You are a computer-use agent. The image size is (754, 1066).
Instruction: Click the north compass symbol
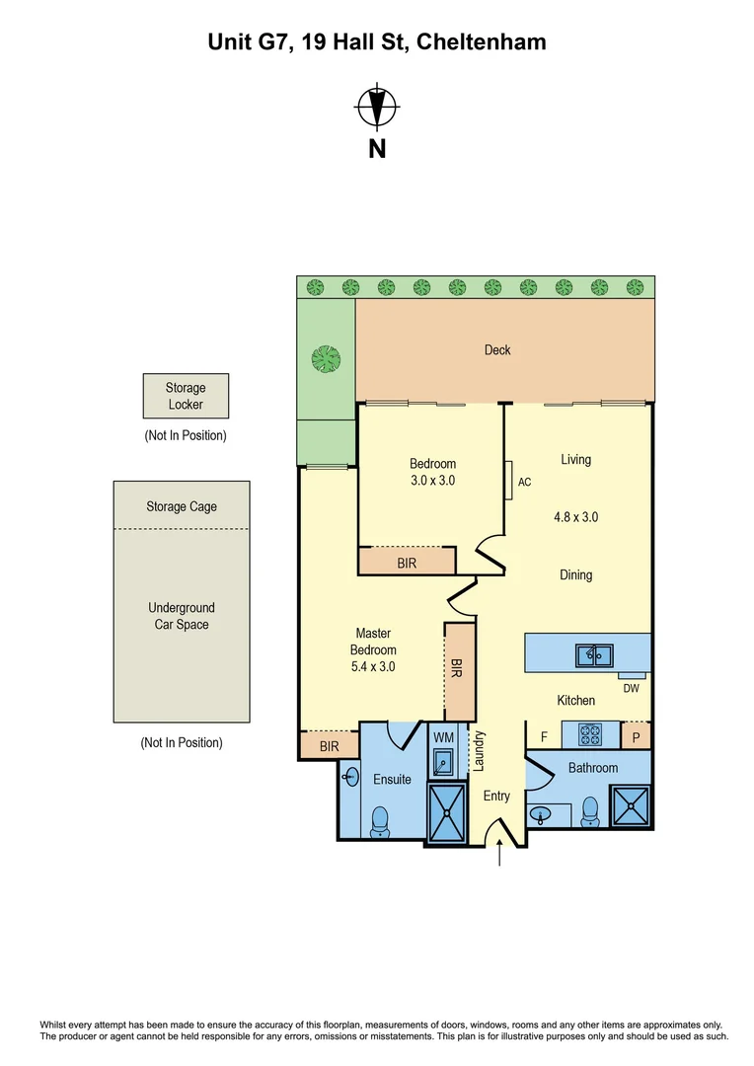pyautogui.click(x=376, y=108)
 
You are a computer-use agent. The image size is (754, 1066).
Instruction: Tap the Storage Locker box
pyautogui.click(x=186, y=396)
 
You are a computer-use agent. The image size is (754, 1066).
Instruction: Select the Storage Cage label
pyautogui.click(x=182, y=506)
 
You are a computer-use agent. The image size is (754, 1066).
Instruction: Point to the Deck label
pyautogui.click(x=497, y=349)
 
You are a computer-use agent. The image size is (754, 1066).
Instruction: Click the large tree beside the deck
pyautogui.click(x=326, y=358)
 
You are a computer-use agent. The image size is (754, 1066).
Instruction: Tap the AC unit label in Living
pyautogui.click(x=524, y=483)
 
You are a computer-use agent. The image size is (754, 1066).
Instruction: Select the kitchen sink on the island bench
pyautogui.click(x=595, y=654)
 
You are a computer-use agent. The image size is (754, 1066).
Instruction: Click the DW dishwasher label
pyautogui.click(x=632, y=688)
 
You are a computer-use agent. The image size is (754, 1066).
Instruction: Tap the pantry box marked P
pyautogui.click(x=636, y=736)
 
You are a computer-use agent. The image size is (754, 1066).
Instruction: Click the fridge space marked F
pyautogui.click(x=544, y=736)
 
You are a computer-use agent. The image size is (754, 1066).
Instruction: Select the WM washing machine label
pyautogui.click(x=443, y=737)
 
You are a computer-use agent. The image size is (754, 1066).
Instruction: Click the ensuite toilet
pyautogui.click(x=379, y=820)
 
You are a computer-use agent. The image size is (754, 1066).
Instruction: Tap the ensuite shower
pyautogui.click(x=449, y=814)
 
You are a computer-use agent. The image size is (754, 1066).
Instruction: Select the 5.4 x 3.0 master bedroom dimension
pyautogui.click(x=374, y=666)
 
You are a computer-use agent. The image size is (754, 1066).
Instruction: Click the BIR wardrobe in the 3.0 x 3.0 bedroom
pyautogui.click(x=407, y=562)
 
